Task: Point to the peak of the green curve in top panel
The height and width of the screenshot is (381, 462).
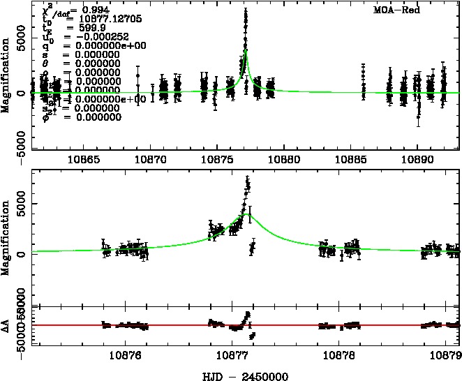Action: pyautogui.click(x=246, y=50)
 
